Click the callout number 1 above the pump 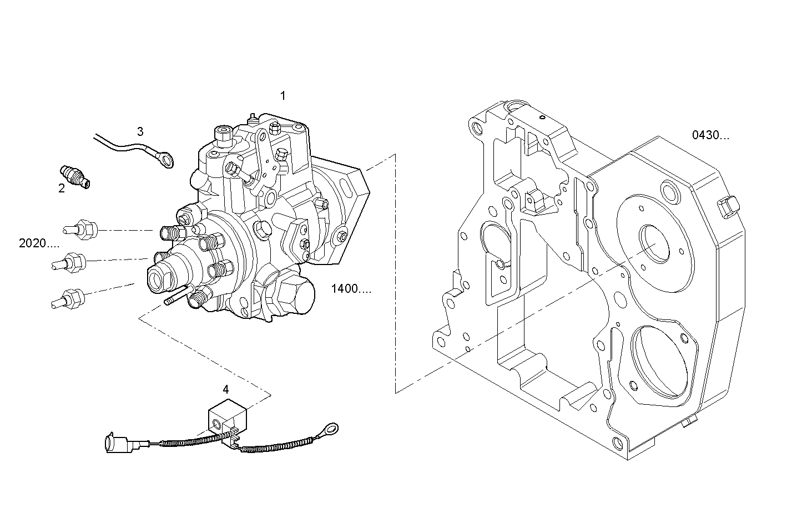click(x=282, y=96)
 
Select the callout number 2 click(x=62, y=189)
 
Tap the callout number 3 click(x=140, y=131)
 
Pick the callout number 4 click(x=226, y=389)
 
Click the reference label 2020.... click(x=39, y=243)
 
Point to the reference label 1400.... click(x=351, y=288)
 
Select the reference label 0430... click(x=710, y=135)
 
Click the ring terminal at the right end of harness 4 click(x=331, y=428)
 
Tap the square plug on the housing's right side click(x=729, y=207)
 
